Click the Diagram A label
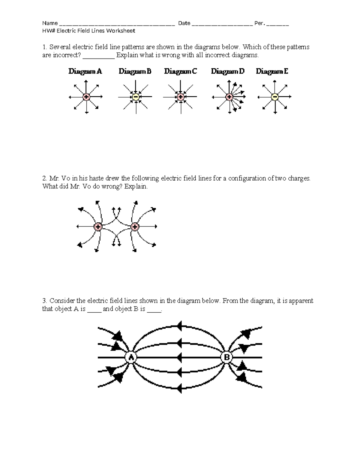[x=85, y=71]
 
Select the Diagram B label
[x=135, y=71]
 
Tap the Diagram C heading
[x=181, y=71]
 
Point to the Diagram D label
[x=228, y=71]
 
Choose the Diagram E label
[x=272, y=71]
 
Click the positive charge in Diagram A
[x=86, y=97]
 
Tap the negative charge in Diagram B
[x=136, y=97]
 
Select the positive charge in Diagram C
[x=181, y=97]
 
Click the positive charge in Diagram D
[x=229, y=97]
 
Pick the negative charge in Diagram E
[x=274, y=97]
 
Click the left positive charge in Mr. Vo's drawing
[x=98, y=227]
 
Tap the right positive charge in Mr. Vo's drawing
[x=135, y=227]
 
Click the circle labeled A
[x=131, y=357]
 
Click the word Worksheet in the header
[x=122, y=31]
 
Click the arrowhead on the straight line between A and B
[x=179, y=357]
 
